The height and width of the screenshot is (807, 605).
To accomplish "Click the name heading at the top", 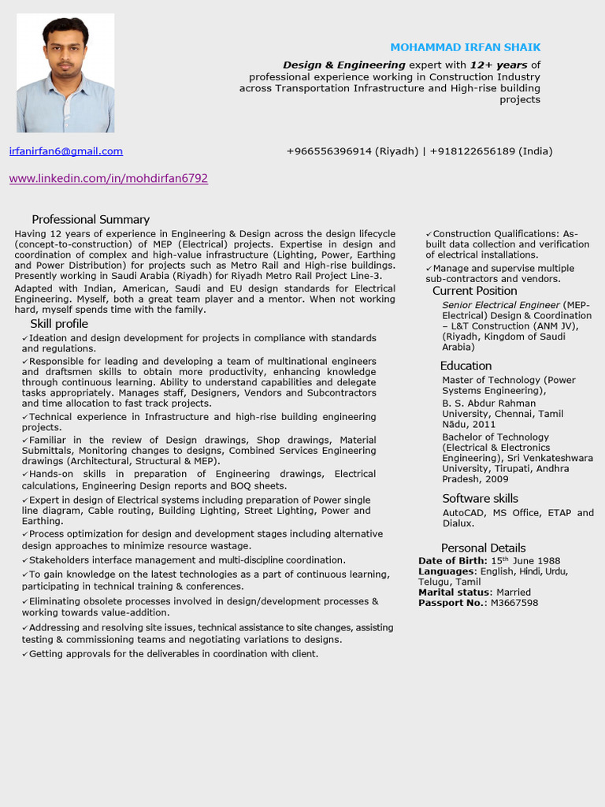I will (466, 47).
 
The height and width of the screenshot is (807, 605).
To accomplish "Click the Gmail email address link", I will (66, 151).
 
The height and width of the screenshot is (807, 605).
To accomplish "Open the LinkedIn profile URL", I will (109, 179).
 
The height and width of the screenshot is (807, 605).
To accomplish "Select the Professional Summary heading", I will (91, 220).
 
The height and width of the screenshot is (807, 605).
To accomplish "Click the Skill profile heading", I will (59, 324).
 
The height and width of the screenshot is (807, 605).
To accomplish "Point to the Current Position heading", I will (474, 291).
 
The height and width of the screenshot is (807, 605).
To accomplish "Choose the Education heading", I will (466, 366).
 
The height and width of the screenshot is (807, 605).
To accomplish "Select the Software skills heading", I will (480, 498).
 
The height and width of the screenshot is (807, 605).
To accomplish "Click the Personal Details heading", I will (483, 548).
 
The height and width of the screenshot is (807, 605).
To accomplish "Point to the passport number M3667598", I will (514, 603).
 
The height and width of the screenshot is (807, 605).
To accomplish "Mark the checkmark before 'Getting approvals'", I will (25, 654).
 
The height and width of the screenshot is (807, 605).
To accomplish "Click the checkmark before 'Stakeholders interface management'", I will (25, 560).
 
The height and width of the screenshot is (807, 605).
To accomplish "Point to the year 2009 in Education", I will (497, 479).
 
